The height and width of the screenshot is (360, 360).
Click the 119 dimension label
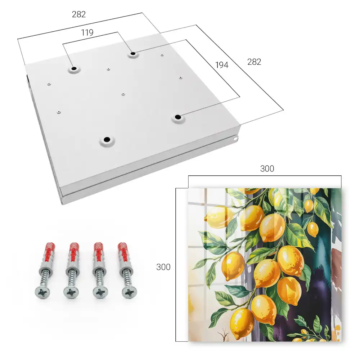(x=87, y=33)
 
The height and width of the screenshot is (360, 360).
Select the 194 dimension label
(x=222, y=65)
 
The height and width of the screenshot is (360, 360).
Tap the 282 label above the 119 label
(x=79, y=14)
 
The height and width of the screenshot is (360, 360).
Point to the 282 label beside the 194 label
(x=254, y=62)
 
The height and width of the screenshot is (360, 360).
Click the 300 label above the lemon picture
(x=267, y=169)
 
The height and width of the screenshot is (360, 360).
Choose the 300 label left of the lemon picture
(x=163, y=267)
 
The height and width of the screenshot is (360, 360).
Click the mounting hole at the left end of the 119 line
(x=74, y=68)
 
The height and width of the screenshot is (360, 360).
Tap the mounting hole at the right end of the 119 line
(x=133, y=54)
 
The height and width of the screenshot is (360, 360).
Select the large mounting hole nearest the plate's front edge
(x=107, y=139)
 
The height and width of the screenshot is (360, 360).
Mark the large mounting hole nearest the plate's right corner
(x=177, y=117)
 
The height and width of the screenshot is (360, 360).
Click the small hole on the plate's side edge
(x=235, y=139)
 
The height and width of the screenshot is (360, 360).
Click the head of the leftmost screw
(x=42, y=292)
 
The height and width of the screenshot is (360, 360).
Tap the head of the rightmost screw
(x=129, y=292)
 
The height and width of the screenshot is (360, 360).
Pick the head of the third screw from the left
(x=100, y=292)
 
